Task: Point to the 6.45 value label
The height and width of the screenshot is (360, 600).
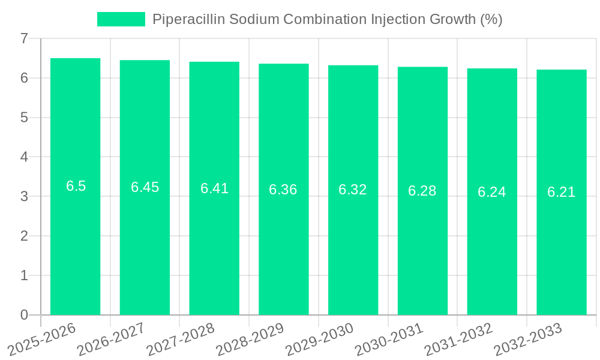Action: point(145,187)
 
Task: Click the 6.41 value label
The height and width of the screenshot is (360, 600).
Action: point(214,188)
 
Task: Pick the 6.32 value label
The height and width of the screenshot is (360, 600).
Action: point(353,190)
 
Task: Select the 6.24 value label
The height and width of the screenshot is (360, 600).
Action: point(492,192)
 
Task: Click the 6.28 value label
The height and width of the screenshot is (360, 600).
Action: point(422,191)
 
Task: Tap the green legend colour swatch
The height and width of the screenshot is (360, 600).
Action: point(121,19)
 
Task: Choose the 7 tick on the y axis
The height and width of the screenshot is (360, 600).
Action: point(24,38)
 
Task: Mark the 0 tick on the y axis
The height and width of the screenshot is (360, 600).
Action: point(24,315)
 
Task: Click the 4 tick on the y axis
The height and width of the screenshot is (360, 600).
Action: point(24,157)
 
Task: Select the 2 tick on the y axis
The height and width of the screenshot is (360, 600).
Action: point(24,236)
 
